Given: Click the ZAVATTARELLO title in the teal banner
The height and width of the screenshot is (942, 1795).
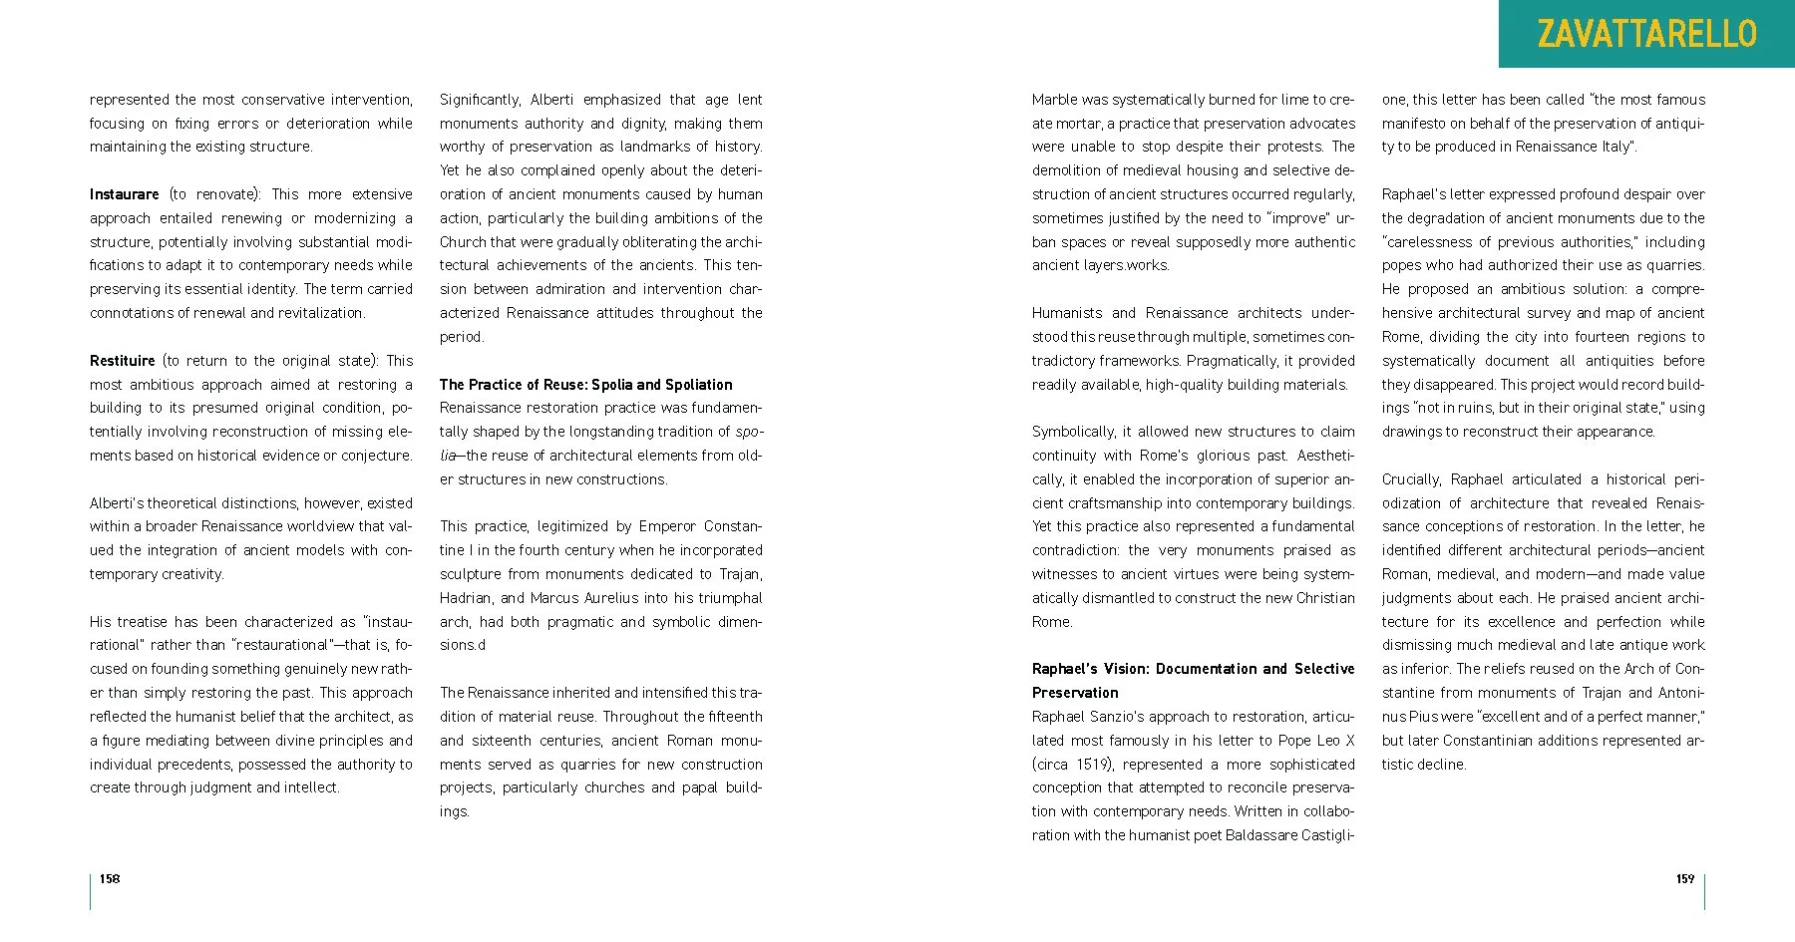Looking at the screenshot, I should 1646,34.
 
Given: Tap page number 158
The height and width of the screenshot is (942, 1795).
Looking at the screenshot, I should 110,878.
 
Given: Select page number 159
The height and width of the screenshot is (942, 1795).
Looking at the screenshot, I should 1684,878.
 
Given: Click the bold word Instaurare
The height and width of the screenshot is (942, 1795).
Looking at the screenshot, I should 124,194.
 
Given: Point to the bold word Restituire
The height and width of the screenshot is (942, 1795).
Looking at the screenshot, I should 123,361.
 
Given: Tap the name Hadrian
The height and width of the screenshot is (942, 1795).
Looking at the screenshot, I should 467,598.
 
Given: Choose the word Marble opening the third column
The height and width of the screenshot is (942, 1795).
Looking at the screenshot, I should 1055,100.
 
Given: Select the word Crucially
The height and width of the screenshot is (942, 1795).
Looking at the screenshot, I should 1411,479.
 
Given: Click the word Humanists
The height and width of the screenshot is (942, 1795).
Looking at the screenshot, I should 1067,313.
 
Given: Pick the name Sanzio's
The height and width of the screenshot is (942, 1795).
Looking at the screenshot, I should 1125,717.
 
